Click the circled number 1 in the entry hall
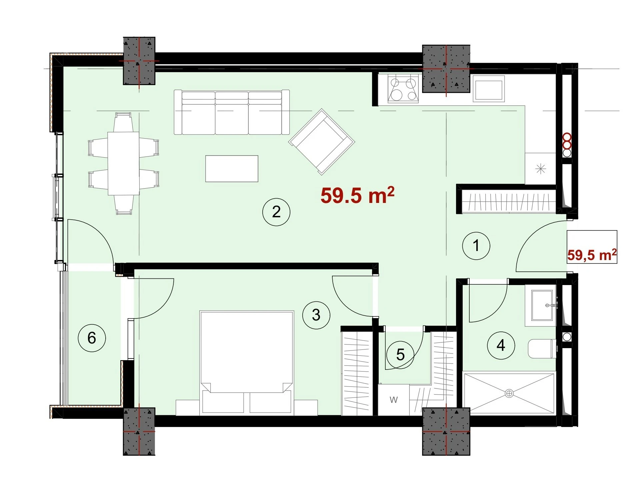(476, 246)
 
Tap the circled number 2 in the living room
(276, 212)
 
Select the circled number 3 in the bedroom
(316, 315)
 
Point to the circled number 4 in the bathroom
(501, 345)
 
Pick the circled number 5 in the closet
(400, 355)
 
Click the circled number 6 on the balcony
(92, 338)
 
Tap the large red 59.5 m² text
(357, 195)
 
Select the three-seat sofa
(232, 112)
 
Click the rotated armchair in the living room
(322, 142)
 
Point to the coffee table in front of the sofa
(232, 169)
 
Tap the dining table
(123, 163)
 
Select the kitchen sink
(488, 88)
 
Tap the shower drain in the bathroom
(509, 394)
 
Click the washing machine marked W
(393, 400)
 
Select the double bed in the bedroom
(247, 363)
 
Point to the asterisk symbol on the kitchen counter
(540, 169)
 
